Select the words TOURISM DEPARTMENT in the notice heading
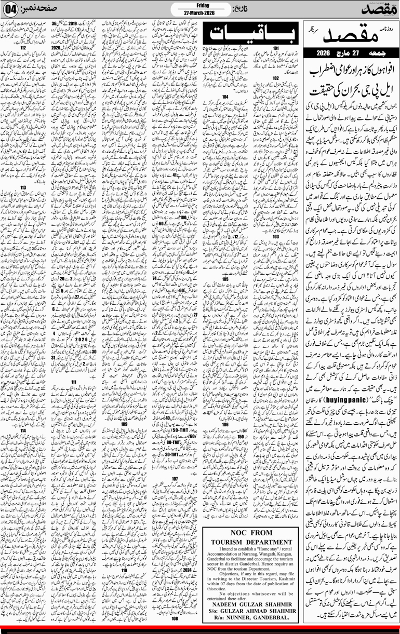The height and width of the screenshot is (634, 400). [x=264, y=535]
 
